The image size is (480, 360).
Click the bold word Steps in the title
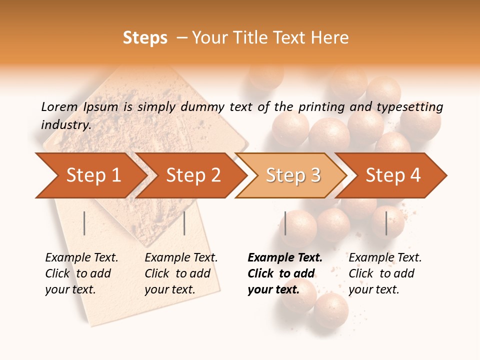coord(145,38)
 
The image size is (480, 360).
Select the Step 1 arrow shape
coord(90,175)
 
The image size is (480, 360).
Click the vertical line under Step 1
coord(84,223)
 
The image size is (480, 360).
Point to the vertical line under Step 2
coord(184,223)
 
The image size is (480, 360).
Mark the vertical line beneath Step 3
coord(285,223)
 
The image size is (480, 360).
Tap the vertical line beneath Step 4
coord(386,223)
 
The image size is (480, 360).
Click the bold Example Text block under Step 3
coord(285,273)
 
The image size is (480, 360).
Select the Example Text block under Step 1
coord(81,273)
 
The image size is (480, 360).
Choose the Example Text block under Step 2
coord(181,273)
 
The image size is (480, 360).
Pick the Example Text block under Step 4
coord(385,273)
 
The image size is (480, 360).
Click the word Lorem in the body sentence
coord(59,106)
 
